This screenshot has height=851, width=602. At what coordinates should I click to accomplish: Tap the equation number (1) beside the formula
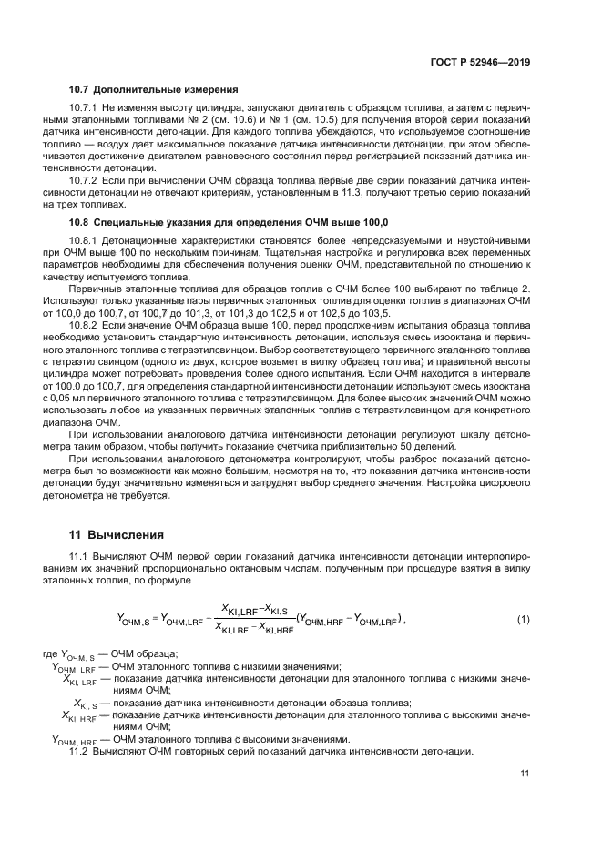coord(523,620)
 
